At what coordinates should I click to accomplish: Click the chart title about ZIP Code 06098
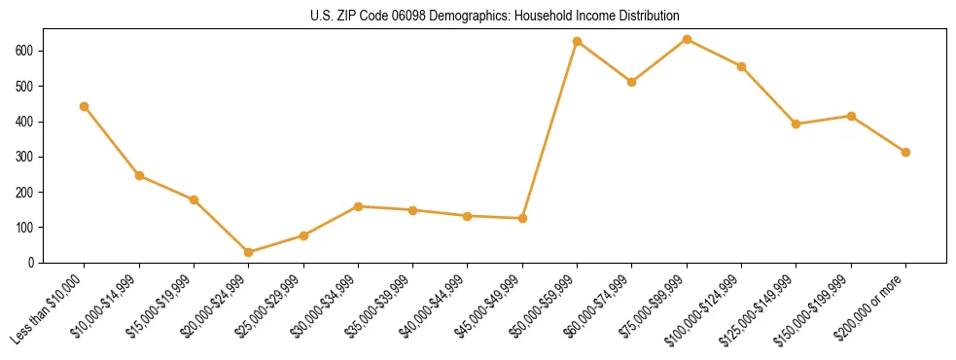pyautogui.click(x=478, y=16)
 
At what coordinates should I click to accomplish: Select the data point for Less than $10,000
pyautogui.click(x=85, y=106)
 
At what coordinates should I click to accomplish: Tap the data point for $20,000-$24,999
pyautogui.click(x=249, y=252)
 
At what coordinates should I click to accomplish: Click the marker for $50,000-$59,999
pyautogui.click(x=578, y=42)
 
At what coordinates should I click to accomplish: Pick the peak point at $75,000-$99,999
pyautogui.click(x=687, y=39)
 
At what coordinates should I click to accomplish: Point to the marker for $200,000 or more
pyautogui.click(x=905, y=152)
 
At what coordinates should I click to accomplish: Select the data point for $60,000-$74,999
pyautogui.click(x=632, y=82)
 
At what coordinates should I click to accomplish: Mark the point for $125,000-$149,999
pyautogui.click(x=797, y=124)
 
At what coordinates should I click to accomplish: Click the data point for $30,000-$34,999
pyautogui.click(x=358, y=206)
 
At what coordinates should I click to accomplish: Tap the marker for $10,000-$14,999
pyautogui.click(x=139, y=176)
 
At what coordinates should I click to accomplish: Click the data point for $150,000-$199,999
pyautogui.click(x=851, y=116)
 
